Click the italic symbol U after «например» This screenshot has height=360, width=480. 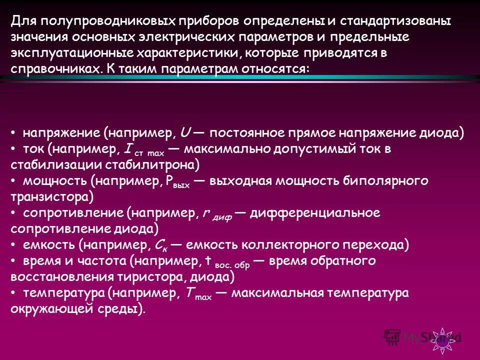coord(184,133)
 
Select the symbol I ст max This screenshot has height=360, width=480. coord(142,149)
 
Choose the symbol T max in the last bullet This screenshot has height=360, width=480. coord(197,294)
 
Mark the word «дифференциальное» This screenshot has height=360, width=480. coord(315,213)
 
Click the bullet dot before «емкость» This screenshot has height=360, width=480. coord(14,245)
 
